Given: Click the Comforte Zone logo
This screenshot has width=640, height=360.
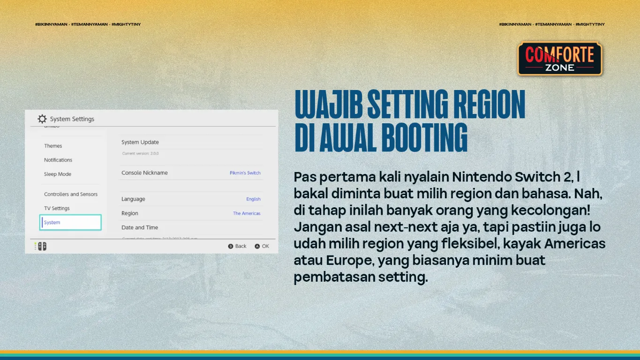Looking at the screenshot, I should click(x=559, y=59).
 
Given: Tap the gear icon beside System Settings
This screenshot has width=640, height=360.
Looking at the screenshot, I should click(x=42, y=119).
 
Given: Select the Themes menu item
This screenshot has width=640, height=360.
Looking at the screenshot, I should click(x=53, y=146).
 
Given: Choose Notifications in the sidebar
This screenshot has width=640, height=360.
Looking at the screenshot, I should click(x=58, y=160).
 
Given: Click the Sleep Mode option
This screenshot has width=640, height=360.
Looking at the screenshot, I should click(x=58, y=174).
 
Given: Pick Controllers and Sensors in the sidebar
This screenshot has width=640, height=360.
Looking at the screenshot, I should click(x=71, y=194).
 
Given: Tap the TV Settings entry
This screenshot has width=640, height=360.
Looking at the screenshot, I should click(x=57, y=208).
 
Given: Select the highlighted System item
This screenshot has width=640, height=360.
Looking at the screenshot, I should click(x=70, y=223).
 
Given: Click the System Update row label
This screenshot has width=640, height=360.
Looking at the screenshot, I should click(x=140, y=142).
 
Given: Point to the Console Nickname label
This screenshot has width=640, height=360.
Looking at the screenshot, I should click(x=144, y=172).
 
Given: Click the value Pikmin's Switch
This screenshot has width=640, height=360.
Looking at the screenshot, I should click(x=245, y=173).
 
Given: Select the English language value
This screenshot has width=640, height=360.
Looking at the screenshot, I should click(x=253, y=199).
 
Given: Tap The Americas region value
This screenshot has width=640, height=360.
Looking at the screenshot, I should click(x=247, y=213).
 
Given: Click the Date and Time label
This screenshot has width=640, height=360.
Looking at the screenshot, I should click(x=140, y=227).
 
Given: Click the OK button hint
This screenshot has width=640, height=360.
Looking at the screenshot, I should click(x=262, y=246).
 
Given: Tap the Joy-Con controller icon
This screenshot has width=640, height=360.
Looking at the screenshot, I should click(x=42, y=246).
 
